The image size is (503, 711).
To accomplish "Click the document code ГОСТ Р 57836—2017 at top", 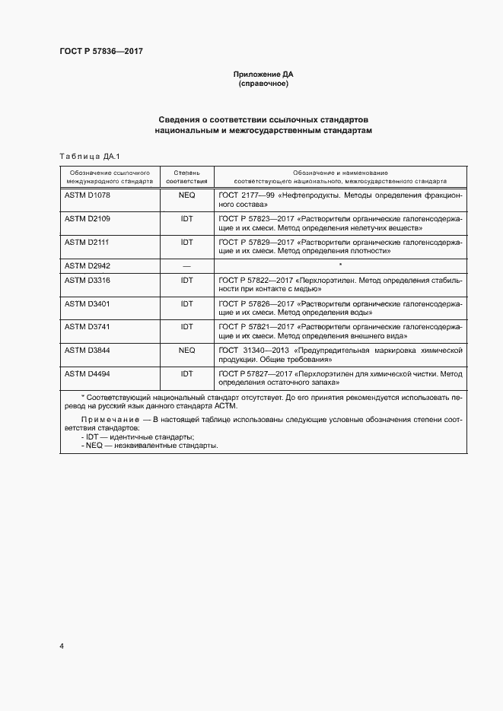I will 101,52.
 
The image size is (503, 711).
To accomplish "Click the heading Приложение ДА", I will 263,75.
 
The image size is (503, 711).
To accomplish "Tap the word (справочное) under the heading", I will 263,84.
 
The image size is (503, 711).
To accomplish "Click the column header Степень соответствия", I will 186,177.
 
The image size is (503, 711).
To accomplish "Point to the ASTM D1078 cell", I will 88,196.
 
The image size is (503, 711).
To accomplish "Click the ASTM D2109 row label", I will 88,218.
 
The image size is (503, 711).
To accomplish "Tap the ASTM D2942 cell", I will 88,265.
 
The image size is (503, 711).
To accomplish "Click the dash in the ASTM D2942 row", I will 186,265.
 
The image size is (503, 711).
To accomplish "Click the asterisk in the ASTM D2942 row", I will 340,265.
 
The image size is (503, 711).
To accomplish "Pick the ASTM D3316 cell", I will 88,281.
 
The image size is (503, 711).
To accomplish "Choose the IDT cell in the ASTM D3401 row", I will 186,303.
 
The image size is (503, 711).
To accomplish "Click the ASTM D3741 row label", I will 88,326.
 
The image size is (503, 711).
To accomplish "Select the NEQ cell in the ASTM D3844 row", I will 186,350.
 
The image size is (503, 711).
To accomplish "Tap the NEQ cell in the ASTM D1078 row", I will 186,196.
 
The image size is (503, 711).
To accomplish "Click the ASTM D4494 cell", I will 88,373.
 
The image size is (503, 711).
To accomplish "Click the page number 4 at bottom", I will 62,646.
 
